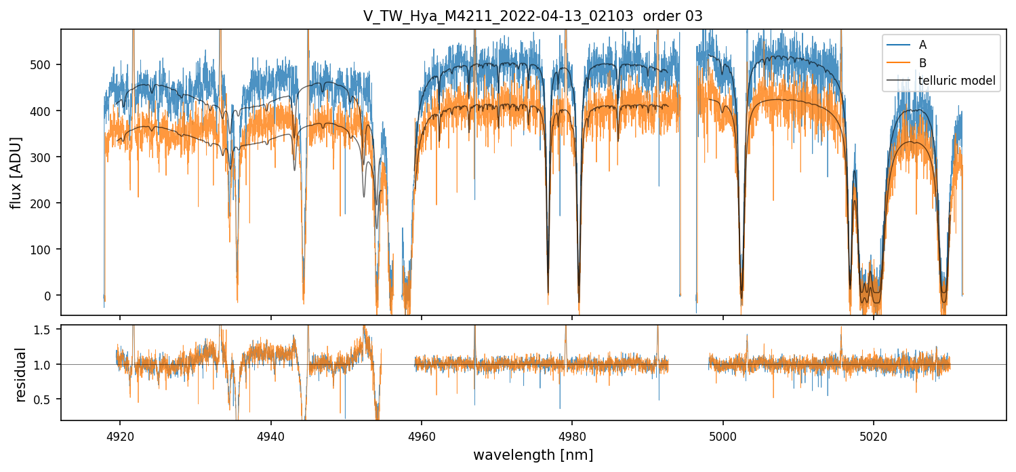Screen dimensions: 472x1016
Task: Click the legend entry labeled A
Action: click(922, 45)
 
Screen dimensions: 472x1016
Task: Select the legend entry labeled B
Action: click(922, 63)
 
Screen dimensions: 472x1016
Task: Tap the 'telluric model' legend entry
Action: click(956, 81)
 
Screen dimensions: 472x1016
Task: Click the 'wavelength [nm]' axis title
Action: click(533, 454)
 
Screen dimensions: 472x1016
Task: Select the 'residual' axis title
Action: click(21, 374)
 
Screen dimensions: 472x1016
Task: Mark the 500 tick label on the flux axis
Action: click(44, 65)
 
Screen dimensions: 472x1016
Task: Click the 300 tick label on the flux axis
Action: click(44, 157)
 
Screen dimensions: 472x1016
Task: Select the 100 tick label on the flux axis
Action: click(44, 250)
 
